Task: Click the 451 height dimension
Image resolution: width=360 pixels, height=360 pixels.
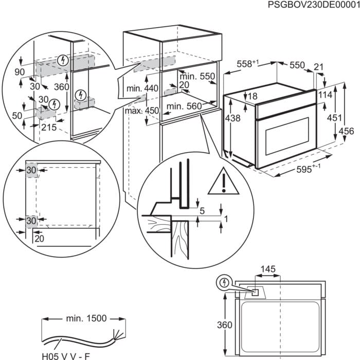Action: coord(335,118)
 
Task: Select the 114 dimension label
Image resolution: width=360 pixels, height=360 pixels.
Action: coord(324,95)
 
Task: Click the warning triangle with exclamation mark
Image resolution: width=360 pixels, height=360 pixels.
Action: coord(224,181)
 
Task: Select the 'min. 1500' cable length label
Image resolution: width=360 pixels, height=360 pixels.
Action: coord(85,318)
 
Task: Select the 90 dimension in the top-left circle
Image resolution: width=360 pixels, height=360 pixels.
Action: coord(20,71)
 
